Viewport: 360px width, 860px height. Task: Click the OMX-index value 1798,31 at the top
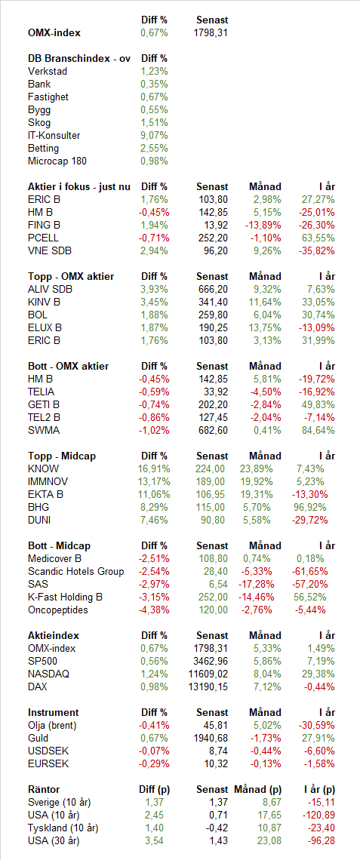coord(211,33)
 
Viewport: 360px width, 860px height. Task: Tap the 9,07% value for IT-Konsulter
coord(154,136)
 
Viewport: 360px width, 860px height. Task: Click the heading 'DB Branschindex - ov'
coord(79,59)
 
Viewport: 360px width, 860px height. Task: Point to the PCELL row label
coord(43,238)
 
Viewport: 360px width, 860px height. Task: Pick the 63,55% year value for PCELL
coord(318,238)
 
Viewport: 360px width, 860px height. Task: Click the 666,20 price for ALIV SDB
coord(213,290)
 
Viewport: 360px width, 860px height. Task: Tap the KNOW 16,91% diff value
coord(154,469)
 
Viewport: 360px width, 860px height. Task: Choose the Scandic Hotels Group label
coord(75,572)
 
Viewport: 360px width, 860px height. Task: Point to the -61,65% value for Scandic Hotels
coord(310,572)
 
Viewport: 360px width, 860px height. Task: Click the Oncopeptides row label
coord(57,610)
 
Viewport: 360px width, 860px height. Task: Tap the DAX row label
coord(37,686)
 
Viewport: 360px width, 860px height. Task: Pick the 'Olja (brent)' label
coord(52,726)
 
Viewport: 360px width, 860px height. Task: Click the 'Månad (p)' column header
coord(258,790)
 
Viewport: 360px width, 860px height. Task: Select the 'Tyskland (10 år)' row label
coord(63,828)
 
